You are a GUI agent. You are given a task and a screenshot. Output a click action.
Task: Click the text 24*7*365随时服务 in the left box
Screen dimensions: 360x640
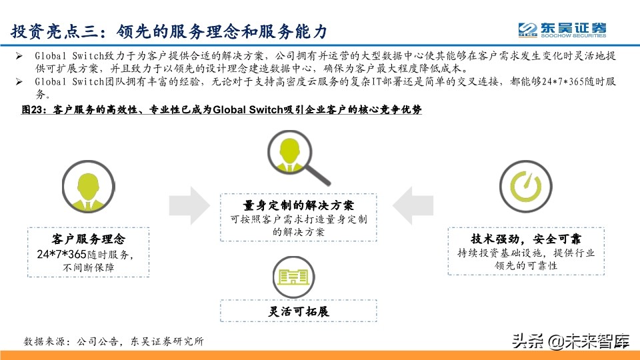pos(88,254)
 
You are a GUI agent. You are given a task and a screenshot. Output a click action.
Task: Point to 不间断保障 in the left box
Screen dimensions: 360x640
pos(88,267)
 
